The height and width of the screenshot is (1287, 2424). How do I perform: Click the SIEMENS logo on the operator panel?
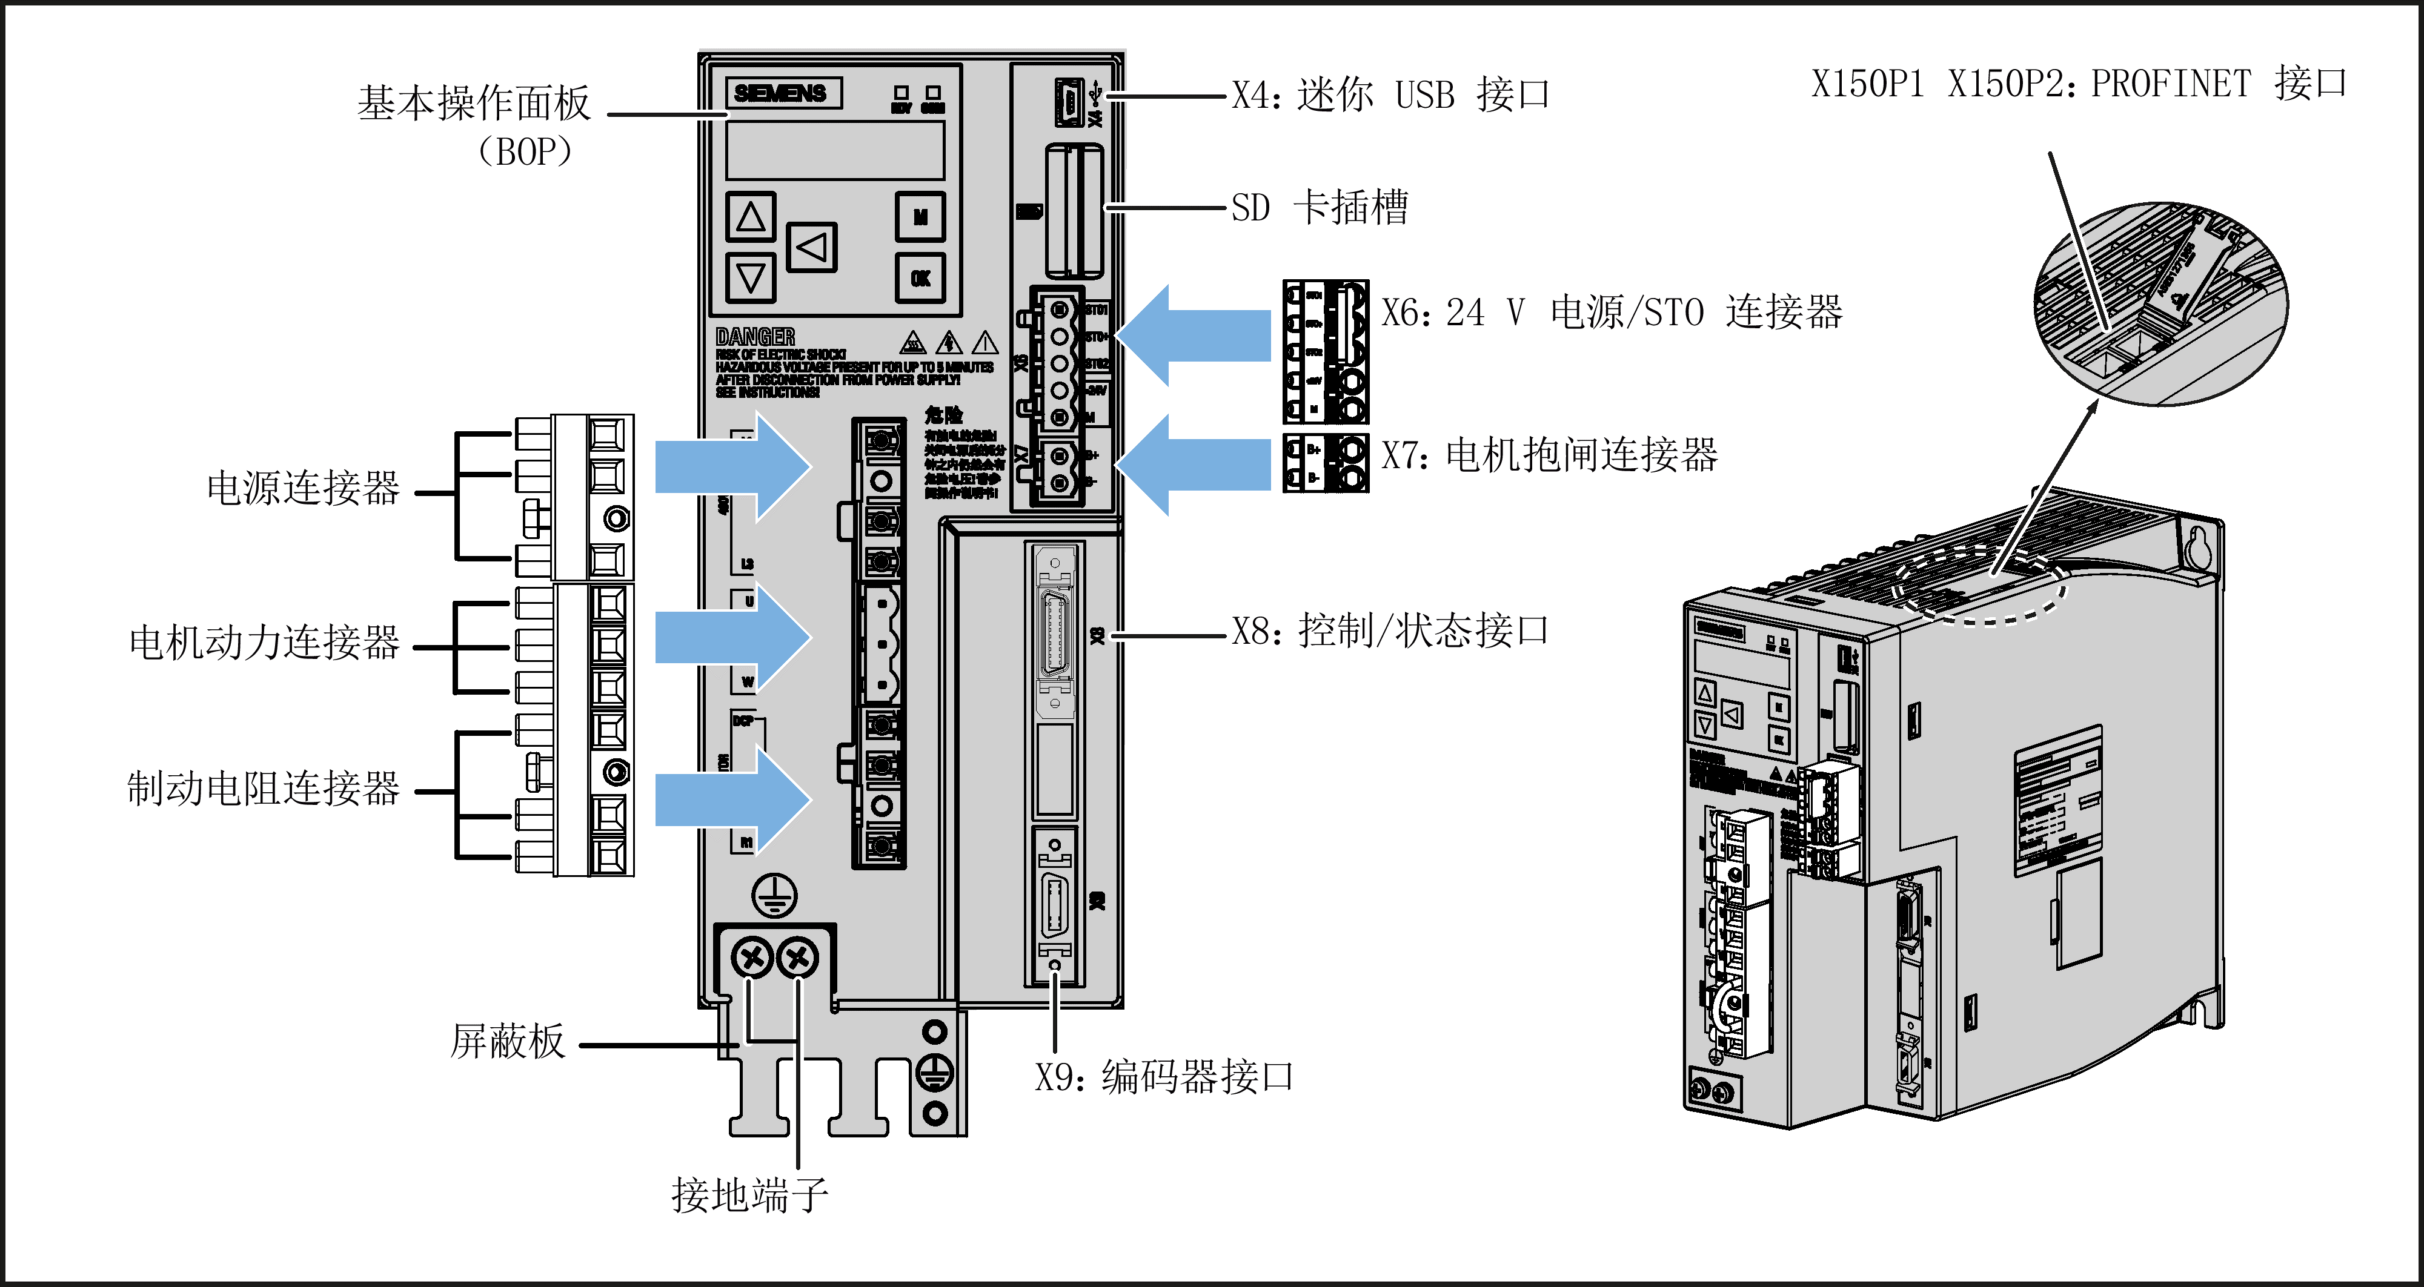click(781, 93)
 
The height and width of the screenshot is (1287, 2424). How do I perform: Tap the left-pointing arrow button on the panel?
click(811, 248)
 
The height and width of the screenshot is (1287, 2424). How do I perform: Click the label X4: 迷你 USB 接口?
click(1390, 96)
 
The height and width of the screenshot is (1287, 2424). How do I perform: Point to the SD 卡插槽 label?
click(1320, 208)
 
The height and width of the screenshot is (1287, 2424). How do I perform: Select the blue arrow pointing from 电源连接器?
click(732, 466)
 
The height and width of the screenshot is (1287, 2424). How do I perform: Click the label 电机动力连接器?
click(264, 643)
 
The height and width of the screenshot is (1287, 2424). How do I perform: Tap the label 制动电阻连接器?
click(264, 789)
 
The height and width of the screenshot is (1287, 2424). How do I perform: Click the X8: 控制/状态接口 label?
click(1390, 631)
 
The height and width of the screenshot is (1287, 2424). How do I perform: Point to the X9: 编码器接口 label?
click(1164, 1077)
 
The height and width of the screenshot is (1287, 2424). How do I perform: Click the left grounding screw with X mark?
click(751, 959)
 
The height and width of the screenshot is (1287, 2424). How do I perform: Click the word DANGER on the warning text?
click(755, 337)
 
